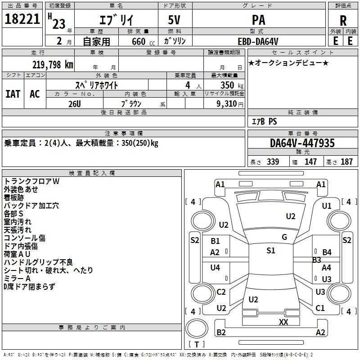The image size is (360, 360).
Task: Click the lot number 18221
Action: (22, 19)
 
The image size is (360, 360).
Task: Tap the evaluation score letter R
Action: (343, 20)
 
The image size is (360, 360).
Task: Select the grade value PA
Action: (258, 20)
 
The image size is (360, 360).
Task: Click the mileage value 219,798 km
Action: (53, 65)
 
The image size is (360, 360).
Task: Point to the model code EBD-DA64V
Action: (258, 41)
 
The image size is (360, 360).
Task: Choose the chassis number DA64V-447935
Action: (302, 143)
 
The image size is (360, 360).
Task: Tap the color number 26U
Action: (75, 103)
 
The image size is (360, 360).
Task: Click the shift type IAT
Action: (13, 94)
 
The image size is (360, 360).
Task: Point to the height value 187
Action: (347, 162)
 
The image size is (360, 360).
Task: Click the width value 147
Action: (310, 162)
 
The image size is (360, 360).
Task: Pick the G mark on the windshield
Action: (284, 237)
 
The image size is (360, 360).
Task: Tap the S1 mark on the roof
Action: (270, 251)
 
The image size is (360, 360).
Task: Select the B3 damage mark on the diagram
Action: (317, 260)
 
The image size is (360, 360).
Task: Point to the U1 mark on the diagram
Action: (327, 206)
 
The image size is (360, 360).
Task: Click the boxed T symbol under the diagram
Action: (197, 345)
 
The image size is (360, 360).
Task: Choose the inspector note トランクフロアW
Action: (31, 181)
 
